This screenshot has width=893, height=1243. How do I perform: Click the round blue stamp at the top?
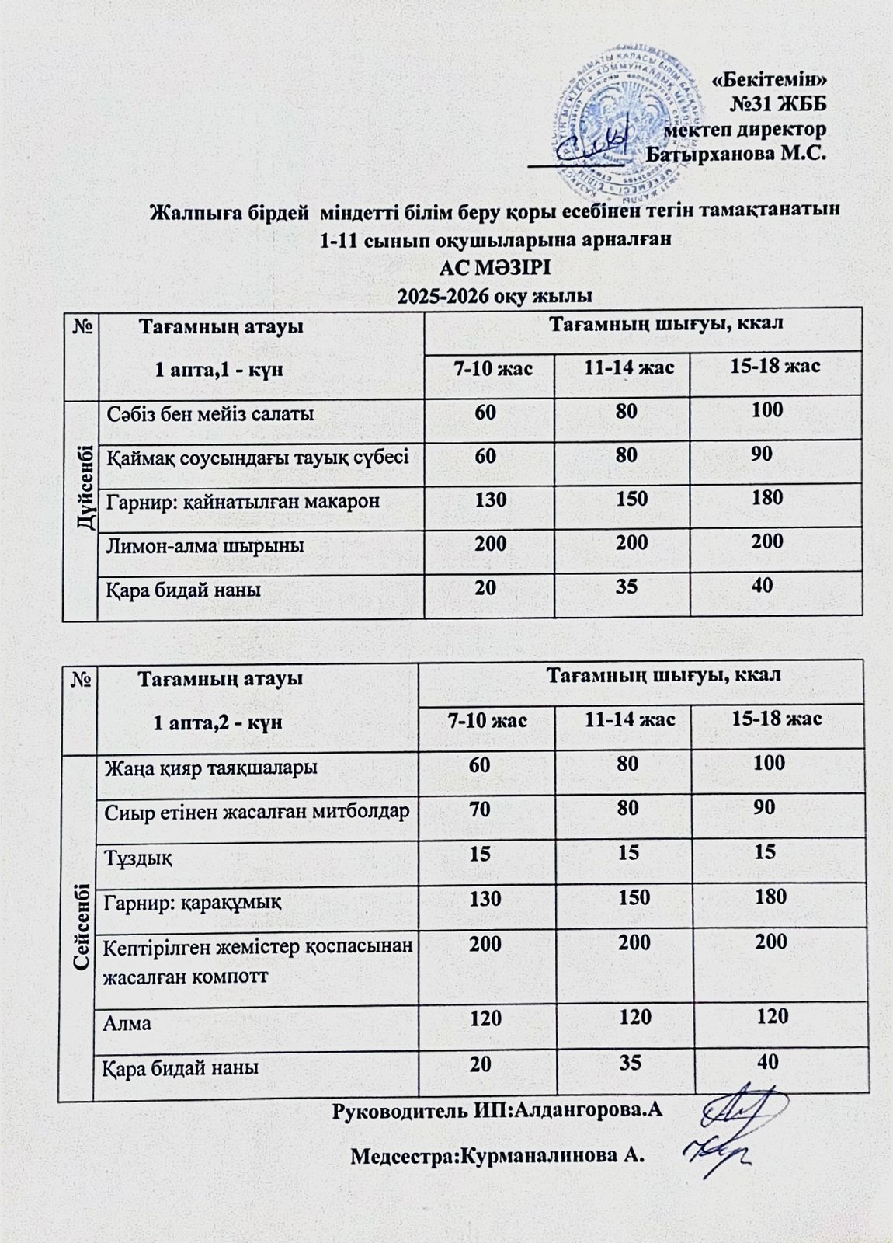tap(621, 124)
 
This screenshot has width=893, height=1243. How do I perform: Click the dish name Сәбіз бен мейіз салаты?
tap(210, 414)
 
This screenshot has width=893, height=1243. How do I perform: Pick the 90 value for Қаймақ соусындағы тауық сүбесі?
tap(761, 454)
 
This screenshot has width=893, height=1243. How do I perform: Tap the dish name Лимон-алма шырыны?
tap(205, 546)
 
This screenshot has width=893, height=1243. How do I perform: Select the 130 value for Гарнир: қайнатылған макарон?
tap(491, 499)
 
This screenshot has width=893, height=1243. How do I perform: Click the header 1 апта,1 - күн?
tap(219, 370)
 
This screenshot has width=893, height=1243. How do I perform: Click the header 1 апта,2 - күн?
tap(218, 722)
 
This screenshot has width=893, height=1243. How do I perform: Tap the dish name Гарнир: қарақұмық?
tap(193, 903)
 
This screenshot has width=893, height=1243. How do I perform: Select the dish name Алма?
tap(127, 1023)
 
